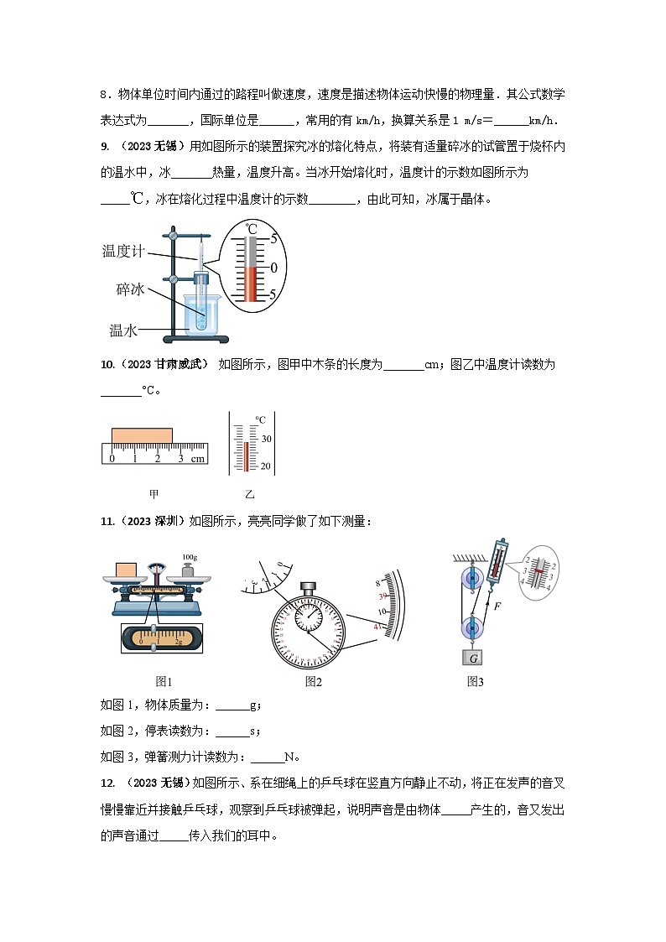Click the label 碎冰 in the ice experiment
[132, 289]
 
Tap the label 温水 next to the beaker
[123, 330]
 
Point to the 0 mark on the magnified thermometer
[273, 267]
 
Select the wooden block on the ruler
[142, 435]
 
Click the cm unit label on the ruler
[197, 459]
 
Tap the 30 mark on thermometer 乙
[266, 439]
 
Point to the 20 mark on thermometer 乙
[266, 466]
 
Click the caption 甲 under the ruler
[153, 494]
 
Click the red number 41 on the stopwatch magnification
[378, 627]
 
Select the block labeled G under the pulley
[473, 658]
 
